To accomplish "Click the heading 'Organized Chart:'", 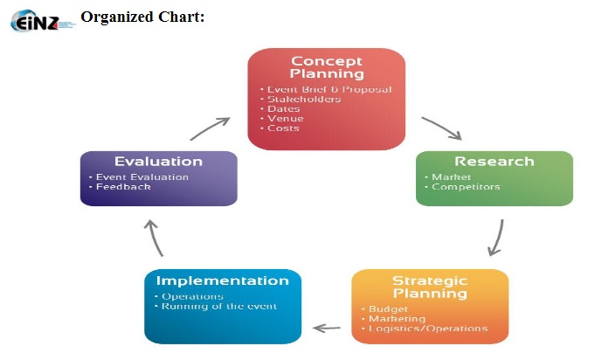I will [x=142, y=17].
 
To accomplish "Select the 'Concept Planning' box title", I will [x=327, y=67].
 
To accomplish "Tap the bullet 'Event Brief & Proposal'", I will [x=329, y=89].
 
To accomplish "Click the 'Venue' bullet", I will [x=286, y=119].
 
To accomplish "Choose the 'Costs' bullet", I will [x=283, y=128].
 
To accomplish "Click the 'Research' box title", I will [x=494, y=162].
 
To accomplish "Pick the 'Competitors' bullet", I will [x=466, y=187].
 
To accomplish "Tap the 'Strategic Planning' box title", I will [x=429, y=287].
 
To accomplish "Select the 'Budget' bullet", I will [x=381, y=309].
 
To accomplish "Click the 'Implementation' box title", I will [x=222, y=281].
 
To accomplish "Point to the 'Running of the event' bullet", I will [x=219, y=307].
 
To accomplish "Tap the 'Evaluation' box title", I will [x=158, y=162].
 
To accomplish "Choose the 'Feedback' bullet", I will [x=123, y=187].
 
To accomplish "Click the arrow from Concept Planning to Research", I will [x=440, y=128].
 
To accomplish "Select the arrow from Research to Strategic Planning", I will [x=496, y=237].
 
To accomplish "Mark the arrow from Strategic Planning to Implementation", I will [x=327, y=329].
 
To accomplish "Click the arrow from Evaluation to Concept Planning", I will [x=210, y=128].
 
